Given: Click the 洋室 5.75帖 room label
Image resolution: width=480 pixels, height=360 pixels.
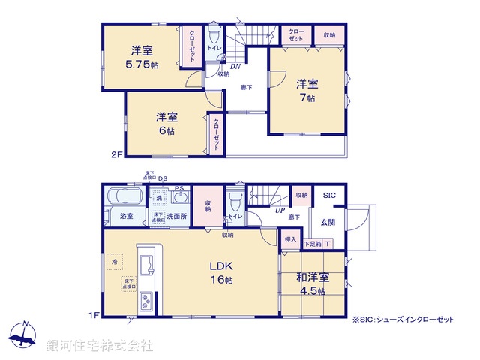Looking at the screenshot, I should (143, 58).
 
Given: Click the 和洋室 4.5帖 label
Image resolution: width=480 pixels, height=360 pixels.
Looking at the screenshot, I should (313, 283).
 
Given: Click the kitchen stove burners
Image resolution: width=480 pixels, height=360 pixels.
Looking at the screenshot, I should (143, 304).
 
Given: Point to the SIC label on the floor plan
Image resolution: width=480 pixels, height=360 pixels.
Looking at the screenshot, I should (329, 196).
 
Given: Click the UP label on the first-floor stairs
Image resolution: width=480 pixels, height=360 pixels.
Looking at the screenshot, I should (279, 211).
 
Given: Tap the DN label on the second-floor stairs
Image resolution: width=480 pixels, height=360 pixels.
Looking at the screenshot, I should (235, 65).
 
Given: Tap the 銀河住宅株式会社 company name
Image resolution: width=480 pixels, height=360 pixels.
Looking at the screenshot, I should (99, 345).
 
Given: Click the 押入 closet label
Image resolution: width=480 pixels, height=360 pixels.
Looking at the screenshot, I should (290, 240).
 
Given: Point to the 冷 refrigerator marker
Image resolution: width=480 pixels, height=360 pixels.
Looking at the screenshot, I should (115, 262).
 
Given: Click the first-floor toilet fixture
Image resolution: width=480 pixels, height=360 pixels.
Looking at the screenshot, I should (235, 200).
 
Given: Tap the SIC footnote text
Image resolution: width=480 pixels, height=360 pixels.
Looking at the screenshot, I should (403, 319).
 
